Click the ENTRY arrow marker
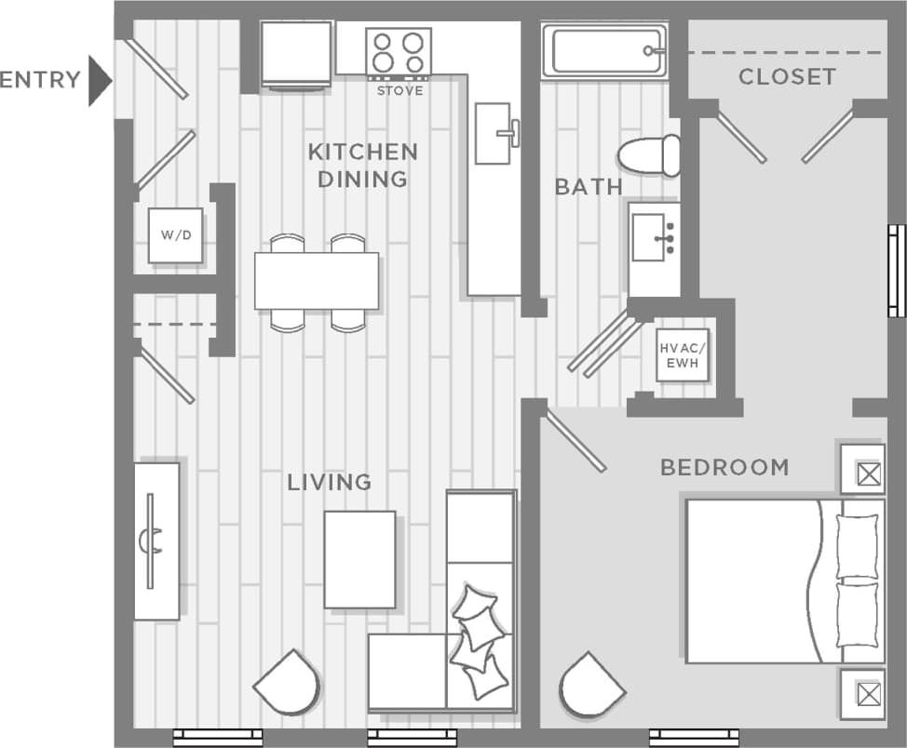pos(99,81)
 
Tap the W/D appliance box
pos(175,234)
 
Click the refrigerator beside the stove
pos(296,54)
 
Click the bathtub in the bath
pos(604,51)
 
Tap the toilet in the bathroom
pos(649,154)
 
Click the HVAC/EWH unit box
pos(683,354)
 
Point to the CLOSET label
pos(787,77)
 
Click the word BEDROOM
pos(724,467)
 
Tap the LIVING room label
pos(329,482)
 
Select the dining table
pos(317,281)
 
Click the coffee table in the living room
pos(359,558)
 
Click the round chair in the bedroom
pos(591,685)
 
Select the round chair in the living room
pos(287,682)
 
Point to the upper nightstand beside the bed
pos(862,470)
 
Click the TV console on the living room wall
pos(156,541)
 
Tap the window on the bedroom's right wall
pos(896,271)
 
